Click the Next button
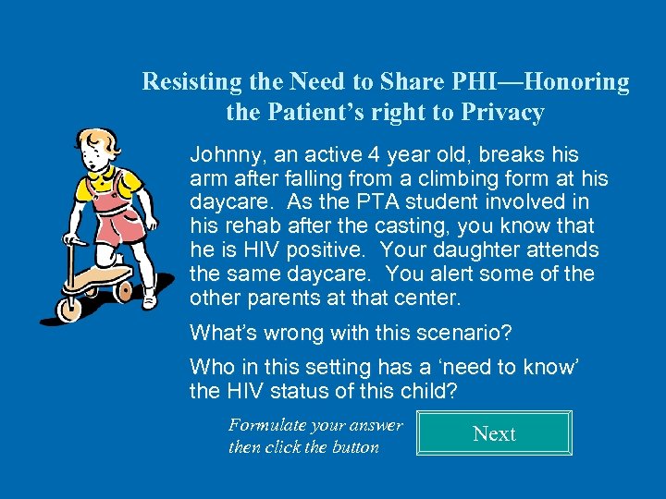494,433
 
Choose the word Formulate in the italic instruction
268,425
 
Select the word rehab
244,225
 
